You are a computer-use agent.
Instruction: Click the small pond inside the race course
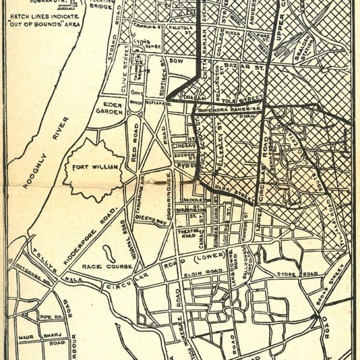(109, 248)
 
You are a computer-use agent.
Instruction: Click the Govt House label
(134, 105)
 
